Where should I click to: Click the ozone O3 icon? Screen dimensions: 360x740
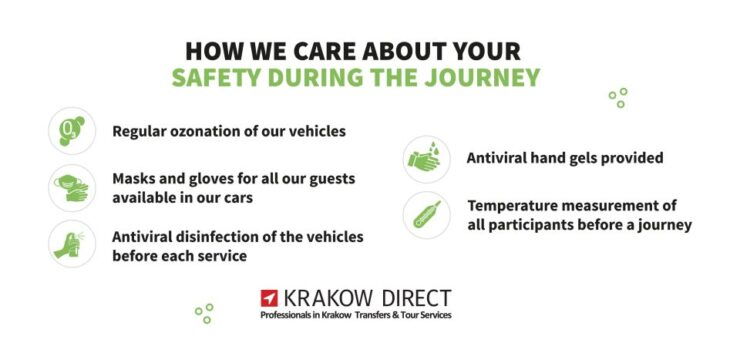(x=72, y=130)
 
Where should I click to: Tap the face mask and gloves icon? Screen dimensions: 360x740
(x=72, y=187)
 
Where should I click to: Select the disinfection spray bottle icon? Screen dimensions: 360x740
(x=72, y=244)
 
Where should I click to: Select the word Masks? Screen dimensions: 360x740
(x=134, y=178)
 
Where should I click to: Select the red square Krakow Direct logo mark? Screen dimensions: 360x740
(x=269, y=298)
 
